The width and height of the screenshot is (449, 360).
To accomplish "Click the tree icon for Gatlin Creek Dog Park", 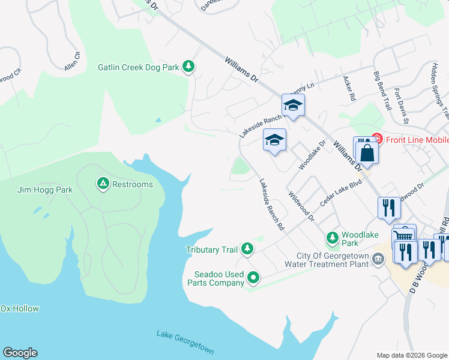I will point(188,67).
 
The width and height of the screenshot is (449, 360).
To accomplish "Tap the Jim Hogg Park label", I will point(44,190).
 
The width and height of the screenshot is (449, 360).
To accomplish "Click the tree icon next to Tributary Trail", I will point(247,248).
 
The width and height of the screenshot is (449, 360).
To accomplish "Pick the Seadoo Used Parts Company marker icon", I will point(253,278).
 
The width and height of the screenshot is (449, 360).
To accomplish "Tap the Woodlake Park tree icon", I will point(332,238).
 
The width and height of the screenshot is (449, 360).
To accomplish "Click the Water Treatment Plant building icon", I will point(378,259).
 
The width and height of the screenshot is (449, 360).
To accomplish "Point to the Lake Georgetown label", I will point(185,343).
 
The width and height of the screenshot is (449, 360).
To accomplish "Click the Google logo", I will point(20,353).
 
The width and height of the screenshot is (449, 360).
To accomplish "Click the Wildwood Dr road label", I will point(301,206).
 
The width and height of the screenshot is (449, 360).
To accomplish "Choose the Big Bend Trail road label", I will point(382,91).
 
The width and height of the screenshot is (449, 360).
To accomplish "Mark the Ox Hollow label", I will point(19,309).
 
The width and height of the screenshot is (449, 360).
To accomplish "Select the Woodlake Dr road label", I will point(312,153).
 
